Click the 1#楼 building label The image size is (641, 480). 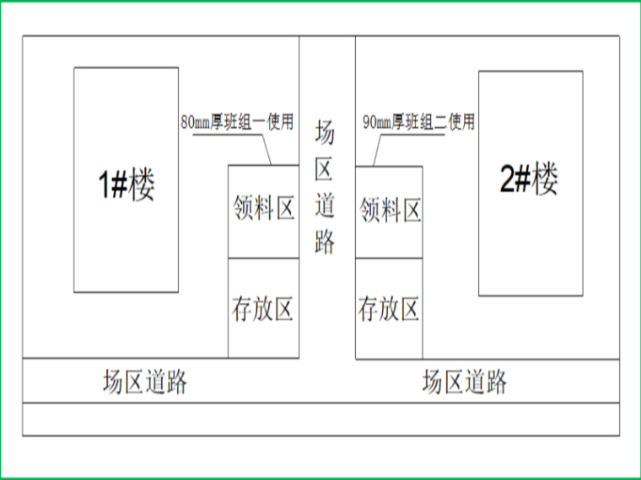coord(127,185)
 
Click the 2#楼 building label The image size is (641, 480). coord(530,179)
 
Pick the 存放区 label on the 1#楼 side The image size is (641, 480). coord(262,309)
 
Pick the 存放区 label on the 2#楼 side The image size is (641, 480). coord(389,309)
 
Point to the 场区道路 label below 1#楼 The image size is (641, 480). coord(144,382)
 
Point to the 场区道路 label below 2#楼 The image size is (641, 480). coord(465,382)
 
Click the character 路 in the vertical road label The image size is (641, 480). coord(326,241)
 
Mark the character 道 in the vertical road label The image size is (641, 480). coord(326,205)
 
